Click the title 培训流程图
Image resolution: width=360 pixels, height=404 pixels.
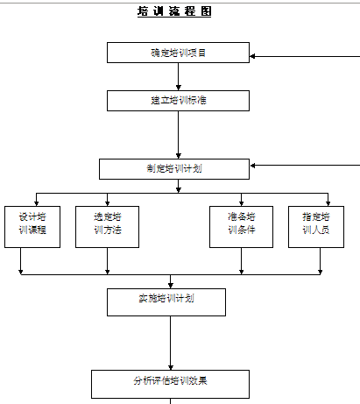pyautogui.click(x=174, y=11)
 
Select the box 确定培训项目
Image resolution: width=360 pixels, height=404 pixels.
pyautogui.click(x=178, y=53)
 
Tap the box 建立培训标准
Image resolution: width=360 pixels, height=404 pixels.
pyautogui.click(x=178, y=101)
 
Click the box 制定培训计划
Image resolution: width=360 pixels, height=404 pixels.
pyautogui.click(x=174, y=169)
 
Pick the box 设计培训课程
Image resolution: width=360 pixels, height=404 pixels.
pyautogui.click(x=32, y=227)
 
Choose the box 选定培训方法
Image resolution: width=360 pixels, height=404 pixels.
pyautogui.click(x=107, y=227)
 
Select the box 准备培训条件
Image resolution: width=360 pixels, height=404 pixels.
pyautogui.click(x=241, y=227)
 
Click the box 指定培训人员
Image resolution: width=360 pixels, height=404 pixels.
pyautogui.click(x=316, y=227)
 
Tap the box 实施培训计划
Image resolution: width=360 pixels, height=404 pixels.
pyautogui.click(x=166, y=302)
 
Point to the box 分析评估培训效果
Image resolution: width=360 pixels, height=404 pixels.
pyautogui.click(x=170, y=384)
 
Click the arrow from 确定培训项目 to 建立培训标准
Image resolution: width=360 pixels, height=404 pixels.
pyautogui.click(x=179, y=76)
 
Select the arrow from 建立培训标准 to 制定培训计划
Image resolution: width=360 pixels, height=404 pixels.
pyautogui.click(x=179, y=135)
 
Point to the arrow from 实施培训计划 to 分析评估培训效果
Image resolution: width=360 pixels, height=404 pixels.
pyautogui.click(x=171, y=343)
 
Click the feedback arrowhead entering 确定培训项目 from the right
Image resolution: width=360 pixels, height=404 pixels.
pyautogui.click(x=252, y=56)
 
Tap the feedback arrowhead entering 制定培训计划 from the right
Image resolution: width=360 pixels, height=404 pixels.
pyautogui.click(x=252, y=166)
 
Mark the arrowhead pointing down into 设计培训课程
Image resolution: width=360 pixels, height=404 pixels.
pyautogui.click(x=36, y=203)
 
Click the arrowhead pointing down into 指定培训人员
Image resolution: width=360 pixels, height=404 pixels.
pyautogui.click(x=328, y=203)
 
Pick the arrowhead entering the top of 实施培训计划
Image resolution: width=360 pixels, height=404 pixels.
pyautogui.click(x=171, y=286)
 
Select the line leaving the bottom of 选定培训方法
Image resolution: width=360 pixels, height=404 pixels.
pyautogui.click(x=107, y=261)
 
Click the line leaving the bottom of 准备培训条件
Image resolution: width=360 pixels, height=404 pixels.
pyautogui.click(x=241, y=261)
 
